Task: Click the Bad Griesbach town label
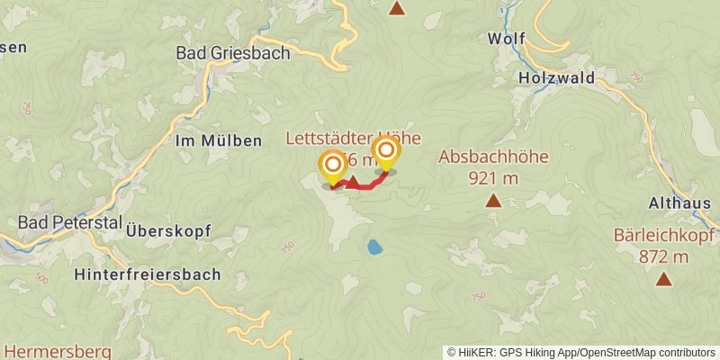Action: tap(233, 53)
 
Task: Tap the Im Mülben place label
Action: tap(220, 140)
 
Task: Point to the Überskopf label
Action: tap(169, 230)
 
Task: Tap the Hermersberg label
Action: tap(57, 350)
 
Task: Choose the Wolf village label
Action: tap(506, 39)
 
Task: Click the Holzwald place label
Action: tap(557, 78)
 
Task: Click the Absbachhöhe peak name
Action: tap(493, 157)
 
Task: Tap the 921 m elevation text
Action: tap(493, 177)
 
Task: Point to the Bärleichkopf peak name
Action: tap(664, 237)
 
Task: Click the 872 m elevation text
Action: tap(664, 257)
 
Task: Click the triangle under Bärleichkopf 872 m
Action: tap(664, 279)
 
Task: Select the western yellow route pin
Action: tap(333, 165)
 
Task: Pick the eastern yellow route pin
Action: tap(386, 150)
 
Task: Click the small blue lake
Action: tap(373, 246)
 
